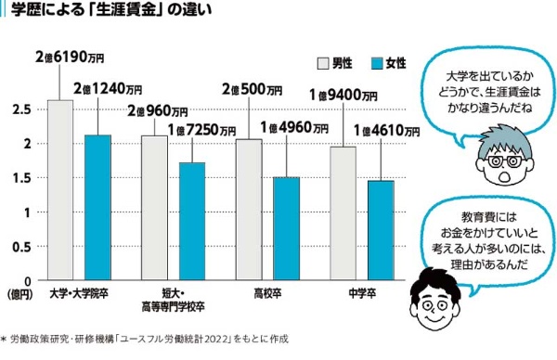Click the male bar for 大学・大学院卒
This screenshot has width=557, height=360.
click(x=60, y=190)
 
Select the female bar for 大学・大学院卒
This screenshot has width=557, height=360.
click(x=97, y=207)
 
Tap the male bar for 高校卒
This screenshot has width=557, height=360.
click(x=249, y=210)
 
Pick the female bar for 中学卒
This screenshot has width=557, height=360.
click(x=381, y=230)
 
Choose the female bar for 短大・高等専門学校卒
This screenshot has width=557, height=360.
click(x=192, y=221)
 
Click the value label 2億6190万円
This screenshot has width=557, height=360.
click(x=70, y=57)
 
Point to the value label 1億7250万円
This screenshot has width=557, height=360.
click(x=201, y=130)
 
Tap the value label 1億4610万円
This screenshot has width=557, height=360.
click(x=386, y=131)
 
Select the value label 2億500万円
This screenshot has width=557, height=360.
click(x=253, y=89)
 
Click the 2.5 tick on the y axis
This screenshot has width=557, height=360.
click(x=22, y=109)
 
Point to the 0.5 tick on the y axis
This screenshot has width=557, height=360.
click(x=22, y=247)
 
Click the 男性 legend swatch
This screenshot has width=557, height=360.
click(x=323, y=63)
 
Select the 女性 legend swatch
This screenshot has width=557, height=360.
click(x=377, y=63)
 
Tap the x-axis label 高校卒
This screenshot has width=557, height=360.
click(x=267, y=293)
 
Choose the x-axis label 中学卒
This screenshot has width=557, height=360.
click(x=362, y=293)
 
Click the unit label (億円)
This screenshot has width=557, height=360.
click(x=20, y=294)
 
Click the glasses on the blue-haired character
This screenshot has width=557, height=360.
click(x=504, y=161)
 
